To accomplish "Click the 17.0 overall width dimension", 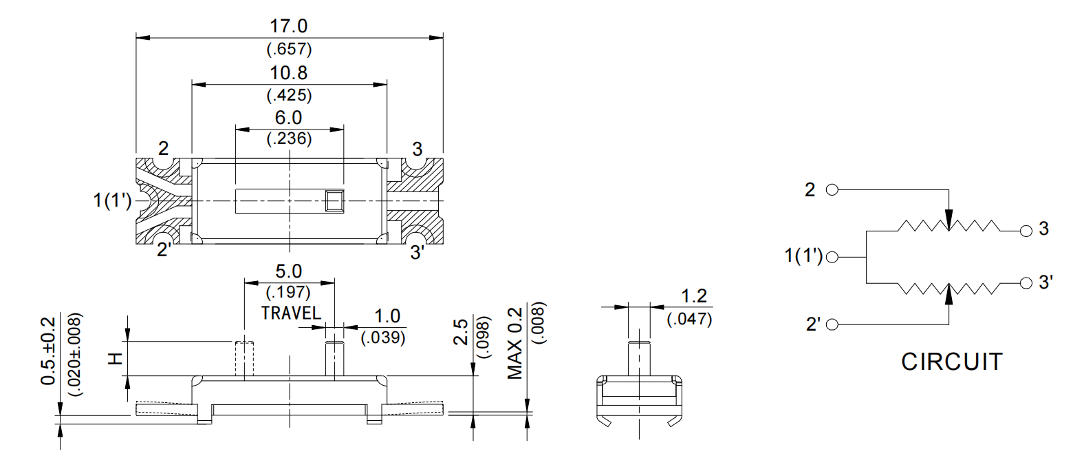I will click(x=289, y=27).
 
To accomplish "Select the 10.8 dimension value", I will click(x=289, y=73).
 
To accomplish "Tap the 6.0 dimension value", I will click(x=289, y=118).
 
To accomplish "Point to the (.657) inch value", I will click(x=289, y=50).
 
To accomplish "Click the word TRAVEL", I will click(x=291, y=313).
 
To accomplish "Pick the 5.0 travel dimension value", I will click(x=289, y=271).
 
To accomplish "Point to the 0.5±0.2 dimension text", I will click(x=47, y=351).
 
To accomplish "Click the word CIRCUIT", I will click(x=952, y=362).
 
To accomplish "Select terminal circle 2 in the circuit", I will click(x=831, y=190).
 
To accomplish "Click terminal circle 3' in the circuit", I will click(x=1026, y=282).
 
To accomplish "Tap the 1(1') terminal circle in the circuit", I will click(x=832, y=257).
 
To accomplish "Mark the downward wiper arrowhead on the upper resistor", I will click(x=949, y=222).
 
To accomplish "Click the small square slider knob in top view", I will click(x=334, y=200).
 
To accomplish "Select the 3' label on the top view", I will click(x=418, y=252).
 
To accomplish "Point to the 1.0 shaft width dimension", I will click(x=387, y=316).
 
